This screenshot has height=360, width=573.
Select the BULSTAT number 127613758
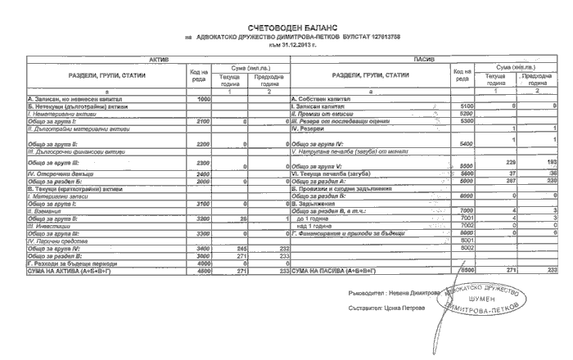[x=381, y=37]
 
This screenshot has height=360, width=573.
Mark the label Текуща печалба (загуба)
[x=330, y=173]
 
